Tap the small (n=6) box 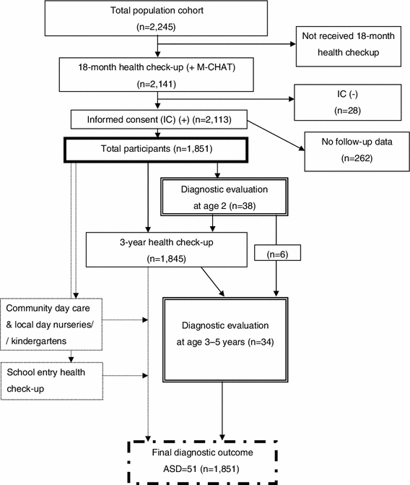coord(277,254)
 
